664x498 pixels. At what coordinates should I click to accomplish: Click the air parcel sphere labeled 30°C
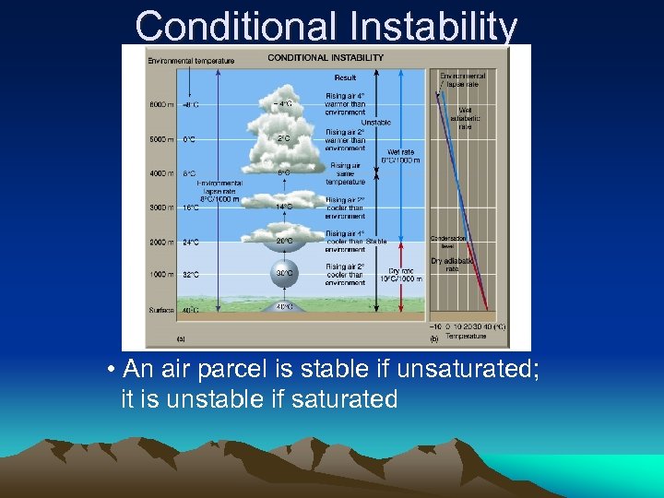[284, 273]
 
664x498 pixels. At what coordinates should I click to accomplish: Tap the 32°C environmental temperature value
[190, 274]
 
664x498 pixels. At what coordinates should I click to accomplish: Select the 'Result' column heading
[345, 77]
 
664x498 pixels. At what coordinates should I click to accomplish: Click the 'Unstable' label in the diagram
[375, 123]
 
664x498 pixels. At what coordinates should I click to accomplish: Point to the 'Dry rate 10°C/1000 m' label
[406, 274]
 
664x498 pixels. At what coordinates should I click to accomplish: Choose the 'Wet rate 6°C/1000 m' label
[404, 155]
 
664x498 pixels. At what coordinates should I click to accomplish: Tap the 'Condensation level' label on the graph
[448, 242]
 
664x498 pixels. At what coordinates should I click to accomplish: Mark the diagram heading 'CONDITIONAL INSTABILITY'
[325, 57]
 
